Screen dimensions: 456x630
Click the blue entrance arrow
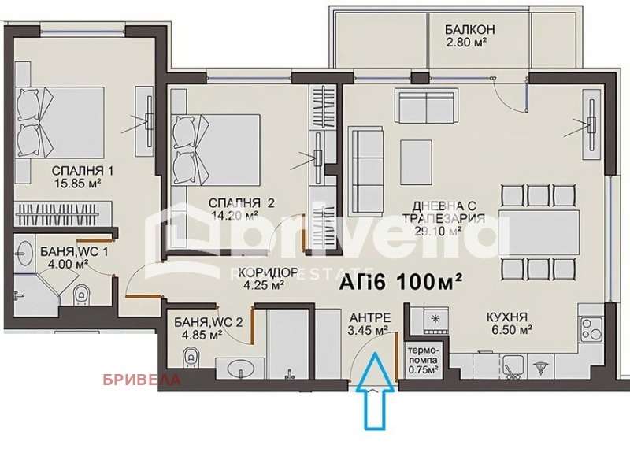[x=375, y=391]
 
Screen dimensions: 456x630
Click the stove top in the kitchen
[x=435, y=319]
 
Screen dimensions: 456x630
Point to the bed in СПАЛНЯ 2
[x=217, y=149]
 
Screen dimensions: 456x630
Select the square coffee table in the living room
[x=414, y=154]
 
